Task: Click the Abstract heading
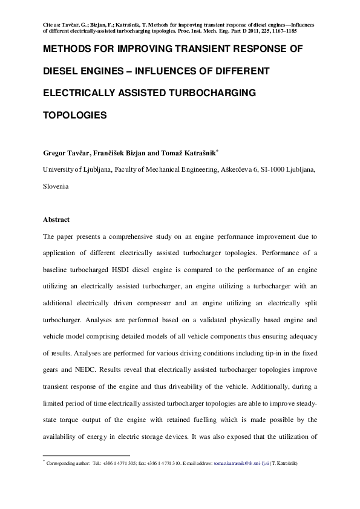(x=57, y=219)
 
